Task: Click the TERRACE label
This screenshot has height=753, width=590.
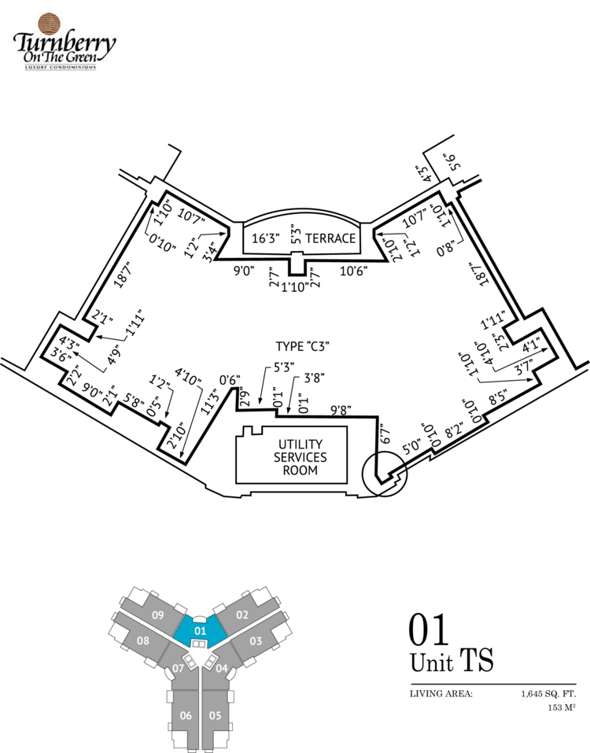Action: (330, 238)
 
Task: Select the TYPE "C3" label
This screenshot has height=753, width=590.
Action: (301, 346)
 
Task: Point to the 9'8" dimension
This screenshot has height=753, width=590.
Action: (340, 409)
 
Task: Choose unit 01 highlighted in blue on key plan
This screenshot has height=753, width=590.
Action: (199, 629)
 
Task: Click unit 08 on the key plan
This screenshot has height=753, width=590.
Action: (142, 640)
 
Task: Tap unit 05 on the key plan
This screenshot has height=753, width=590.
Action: (215, 715)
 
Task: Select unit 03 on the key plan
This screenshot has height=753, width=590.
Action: (256, 641)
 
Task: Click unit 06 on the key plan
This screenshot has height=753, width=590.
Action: (186, 715)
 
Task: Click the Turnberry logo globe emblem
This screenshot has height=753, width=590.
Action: (49, 23)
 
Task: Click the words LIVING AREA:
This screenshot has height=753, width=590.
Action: (441, 694)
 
